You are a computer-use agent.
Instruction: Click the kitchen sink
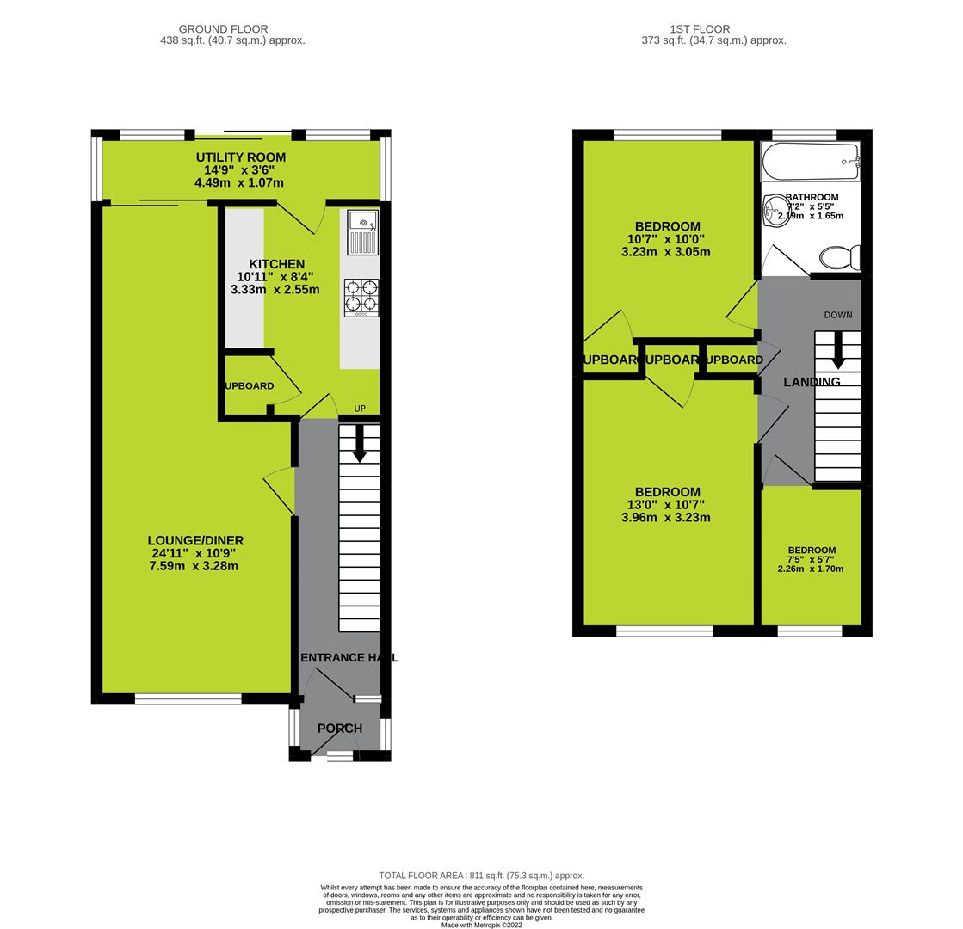tap(362, 231)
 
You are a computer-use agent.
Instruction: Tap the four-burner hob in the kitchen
tap(361, 296)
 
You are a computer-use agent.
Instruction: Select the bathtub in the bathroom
tap(810, 161)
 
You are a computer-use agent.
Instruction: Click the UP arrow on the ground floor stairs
tap(360, 442)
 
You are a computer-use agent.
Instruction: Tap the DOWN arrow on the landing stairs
tap(837, 350)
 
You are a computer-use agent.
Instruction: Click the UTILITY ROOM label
tap(240, 157)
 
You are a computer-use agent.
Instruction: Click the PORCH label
tap(340, 729)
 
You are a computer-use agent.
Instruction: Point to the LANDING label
tap(812, 382)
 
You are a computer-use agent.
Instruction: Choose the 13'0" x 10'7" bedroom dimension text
tap(665, 505)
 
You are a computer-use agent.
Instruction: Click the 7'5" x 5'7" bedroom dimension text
tap(811, 560)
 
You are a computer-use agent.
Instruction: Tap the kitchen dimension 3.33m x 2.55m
tap(275, 290)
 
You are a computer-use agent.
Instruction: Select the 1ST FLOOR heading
tap(713, 29)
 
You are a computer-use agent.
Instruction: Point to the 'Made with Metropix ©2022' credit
tap(481, 925)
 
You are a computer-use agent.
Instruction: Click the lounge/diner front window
tap(188, 699)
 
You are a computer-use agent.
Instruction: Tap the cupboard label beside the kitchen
tap(250, 386)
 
